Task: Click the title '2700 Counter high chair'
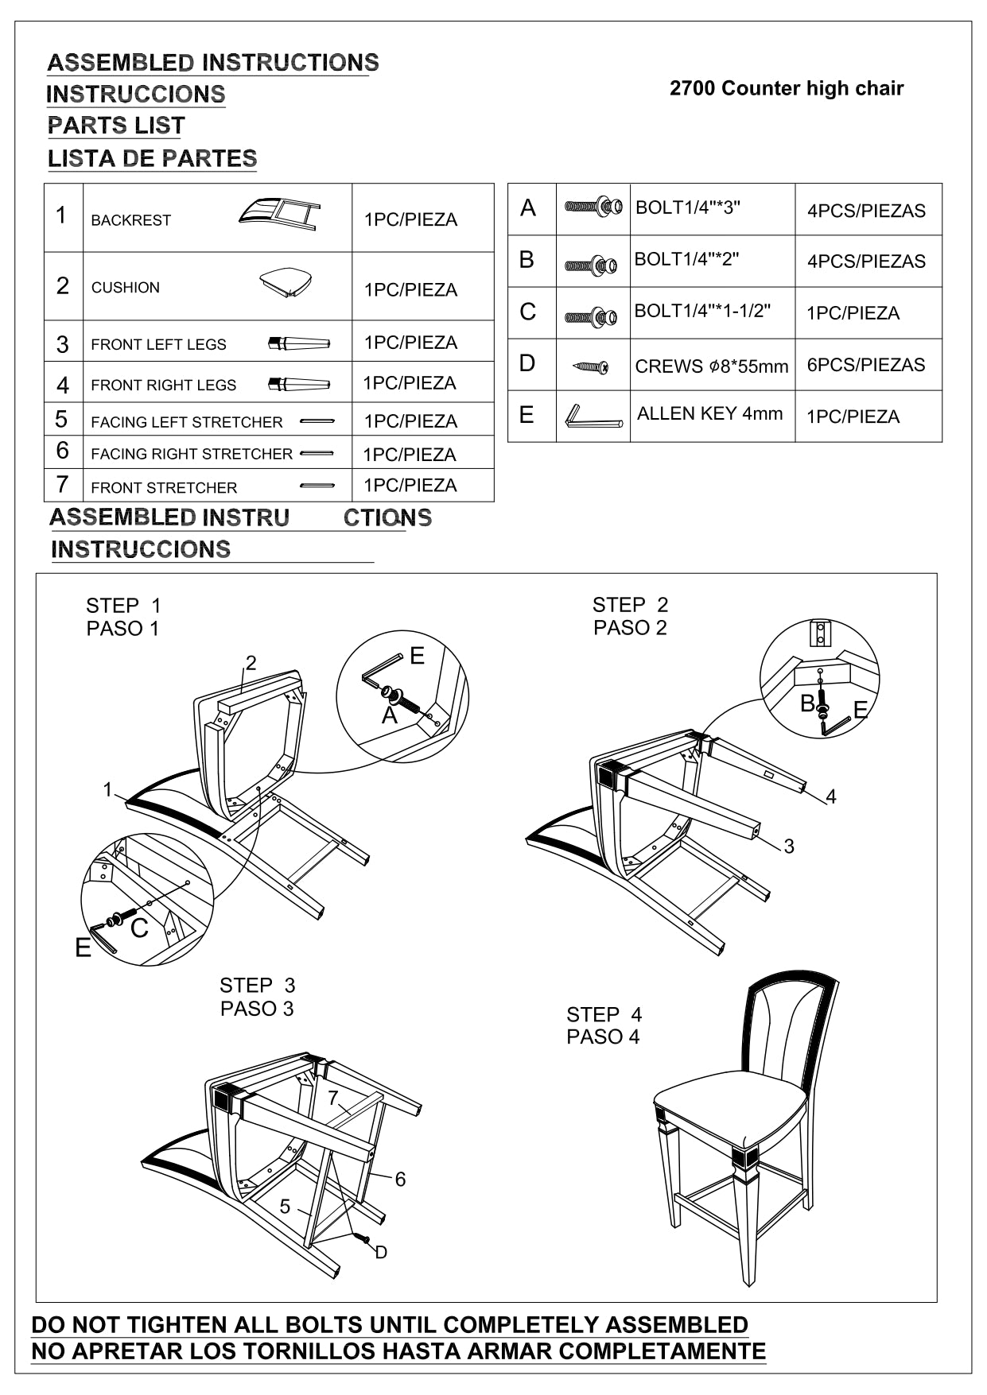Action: [x=786, y=88]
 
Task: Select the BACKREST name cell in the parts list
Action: [x=131, y=220]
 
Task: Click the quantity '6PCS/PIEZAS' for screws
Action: [x=865, y=365]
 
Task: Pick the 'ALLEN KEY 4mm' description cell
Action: [x=709, y=413]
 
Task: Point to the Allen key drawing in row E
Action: [x=592, y=417]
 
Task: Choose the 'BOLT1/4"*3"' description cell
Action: [x=688, y=207]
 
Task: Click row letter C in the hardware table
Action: [x=527, y=312]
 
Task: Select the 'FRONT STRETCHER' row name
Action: [x=164, y=488]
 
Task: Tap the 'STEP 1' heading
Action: [x=123, y=606]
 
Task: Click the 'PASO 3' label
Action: [x=257, y=1009]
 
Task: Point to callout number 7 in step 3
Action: [x=333, y=1098]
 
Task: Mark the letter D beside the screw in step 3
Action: [x=381, y=1253]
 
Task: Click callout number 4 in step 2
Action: [x=830, y=796]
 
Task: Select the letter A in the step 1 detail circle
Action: [x=389, y=716]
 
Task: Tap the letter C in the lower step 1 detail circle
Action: [x=139, y=928]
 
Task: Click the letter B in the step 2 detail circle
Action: [x=807, y=703]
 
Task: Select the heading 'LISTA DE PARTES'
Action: [x=152, y=158]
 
